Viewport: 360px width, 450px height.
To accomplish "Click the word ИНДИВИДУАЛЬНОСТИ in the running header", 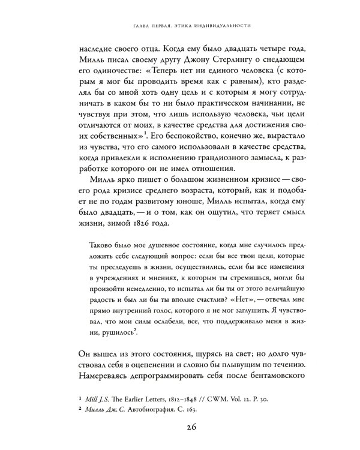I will click(221, 26).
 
